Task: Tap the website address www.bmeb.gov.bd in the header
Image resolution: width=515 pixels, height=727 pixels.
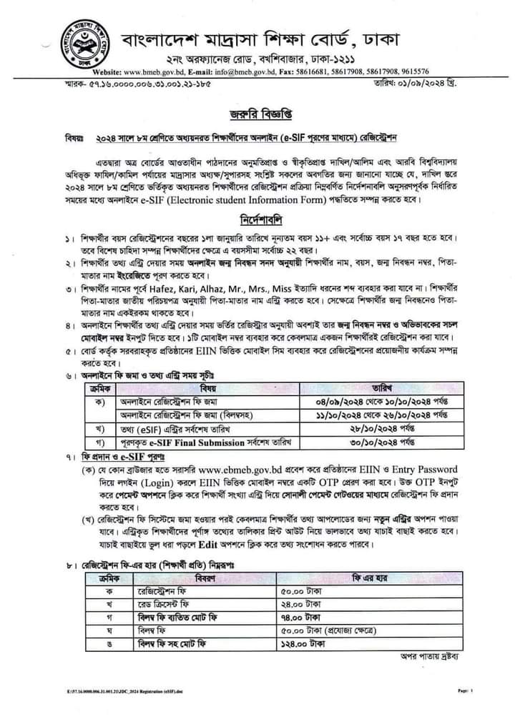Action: [151, 71]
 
